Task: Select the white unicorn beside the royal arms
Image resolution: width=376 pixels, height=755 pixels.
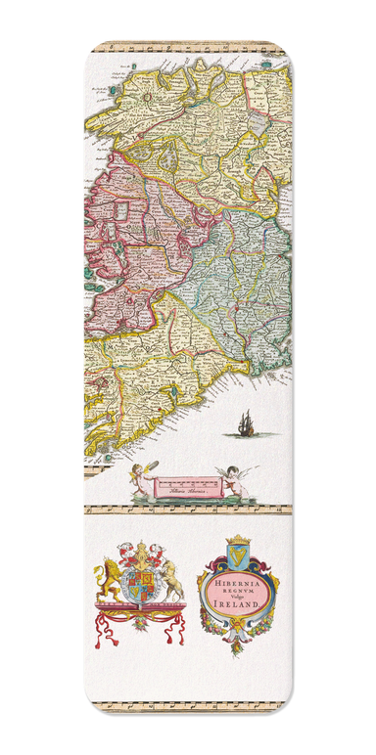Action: pos(171,583)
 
